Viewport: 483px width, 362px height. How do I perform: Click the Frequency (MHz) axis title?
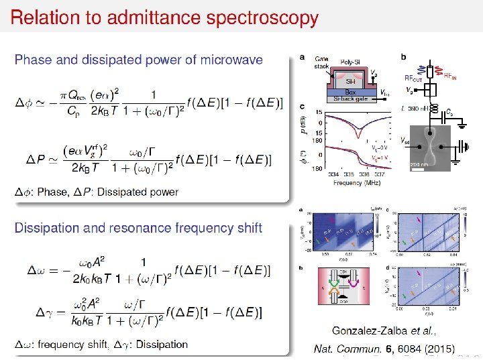pos(358,181)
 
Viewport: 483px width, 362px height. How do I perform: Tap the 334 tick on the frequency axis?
pos(334,174)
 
